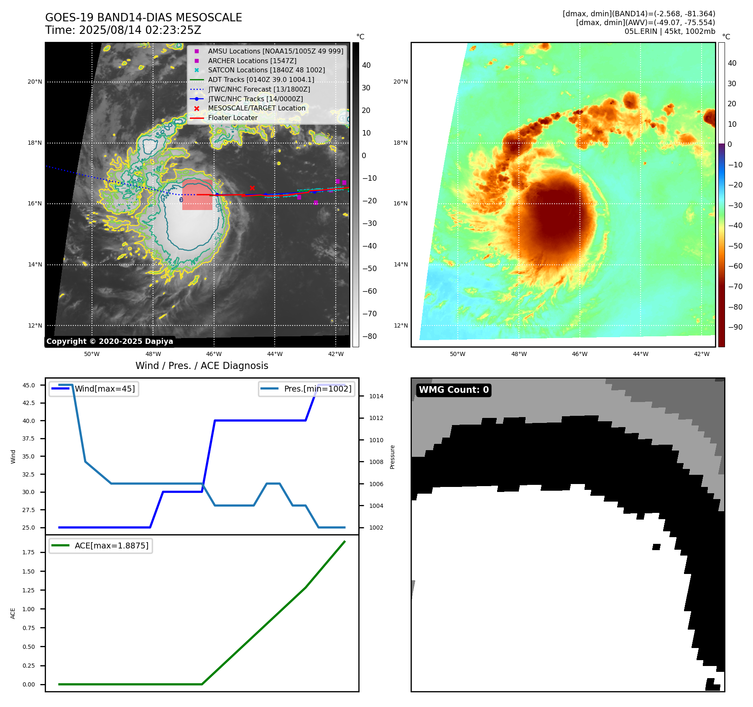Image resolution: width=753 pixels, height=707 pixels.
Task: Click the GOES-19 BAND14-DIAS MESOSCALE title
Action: coord(143,18)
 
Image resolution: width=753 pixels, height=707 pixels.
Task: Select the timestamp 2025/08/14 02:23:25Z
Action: coord(140,31)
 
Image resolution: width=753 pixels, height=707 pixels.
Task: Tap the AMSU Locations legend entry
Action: coord(275,51)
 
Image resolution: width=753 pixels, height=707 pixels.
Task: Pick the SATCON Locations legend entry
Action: coord(266,70)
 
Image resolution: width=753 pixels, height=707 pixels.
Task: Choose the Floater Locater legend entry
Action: coord(232,118)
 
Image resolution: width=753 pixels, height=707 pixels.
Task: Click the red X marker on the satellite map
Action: coord(252,188)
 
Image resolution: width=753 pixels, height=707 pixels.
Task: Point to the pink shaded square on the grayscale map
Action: coord(197,195)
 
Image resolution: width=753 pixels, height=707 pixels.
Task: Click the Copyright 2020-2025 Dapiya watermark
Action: coord(110,341)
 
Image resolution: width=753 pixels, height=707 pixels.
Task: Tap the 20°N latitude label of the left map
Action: coord(35,82)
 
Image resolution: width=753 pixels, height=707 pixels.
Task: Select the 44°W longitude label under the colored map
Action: coord(641,354)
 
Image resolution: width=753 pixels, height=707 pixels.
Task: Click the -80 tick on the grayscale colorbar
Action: coord(369,336)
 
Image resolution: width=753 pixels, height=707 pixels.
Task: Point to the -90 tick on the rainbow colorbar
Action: coord(735,327)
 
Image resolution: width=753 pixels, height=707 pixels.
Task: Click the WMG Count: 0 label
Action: coord(454,390)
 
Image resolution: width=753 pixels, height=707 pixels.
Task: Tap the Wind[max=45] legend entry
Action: coord(105,389)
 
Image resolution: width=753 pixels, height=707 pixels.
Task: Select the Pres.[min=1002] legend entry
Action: coord(317,389)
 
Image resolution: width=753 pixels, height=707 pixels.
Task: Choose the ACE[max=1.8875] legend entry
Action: coord(111,546)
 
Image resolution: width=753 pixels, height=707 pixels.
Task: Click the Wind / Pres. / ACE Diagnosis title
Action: coord(202,366)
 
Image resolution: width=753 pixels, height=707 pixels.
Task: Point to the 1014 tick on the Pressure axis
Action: coord(376,396)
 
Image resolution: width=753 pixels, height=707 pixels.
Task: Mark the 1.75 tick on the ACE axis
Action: coord(28,552)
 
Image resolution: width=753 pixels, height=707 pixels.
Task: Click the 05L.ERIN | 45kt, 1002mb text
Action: coord(669,31)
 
